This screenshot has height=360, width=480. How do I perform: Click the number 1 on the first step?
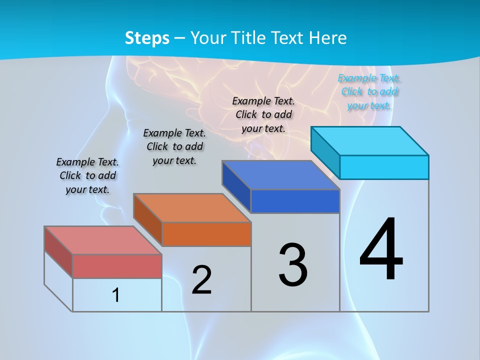[x=116, y=295]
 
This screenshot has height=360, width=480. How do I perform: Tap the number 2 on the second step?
[x=201, y=279]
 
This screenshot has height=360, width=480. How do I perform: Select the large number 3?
[x=293, y=265]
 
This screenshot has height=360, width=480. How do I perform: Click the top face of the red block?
[x=102, y=240]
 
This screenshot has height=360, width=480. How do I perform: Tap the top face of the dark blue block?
[x=280, y=175]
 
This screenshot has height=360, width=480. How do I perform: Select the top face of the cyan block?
[x=369, y=141]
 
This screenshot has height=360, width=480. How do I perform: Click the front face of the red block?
[x=117, y=266]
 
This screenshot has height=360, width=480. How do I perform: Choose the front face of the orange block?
[x=206, y=234]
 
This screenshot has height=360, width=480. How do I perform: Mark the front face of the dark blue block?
[x=295, y=201]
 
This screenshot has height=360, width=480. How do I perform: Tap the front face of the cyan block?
[x=384, y=167]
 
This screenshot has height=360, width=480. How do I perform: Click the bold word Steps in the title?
[x=147, y=38]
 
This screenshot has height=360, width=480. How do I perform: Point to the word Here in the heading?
[x=328, y=38]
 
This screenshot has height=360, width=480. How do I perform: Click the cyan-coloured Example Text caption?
[x=369, y=91]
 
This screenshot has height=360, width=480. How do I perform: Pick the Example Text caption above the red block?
[x=87, y=175]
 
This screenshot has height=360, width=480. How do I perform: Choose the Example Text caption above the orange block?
[x=174, y=146]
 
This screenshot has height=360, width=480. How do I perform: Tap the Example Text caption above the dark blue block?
[x=263, y=114]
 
